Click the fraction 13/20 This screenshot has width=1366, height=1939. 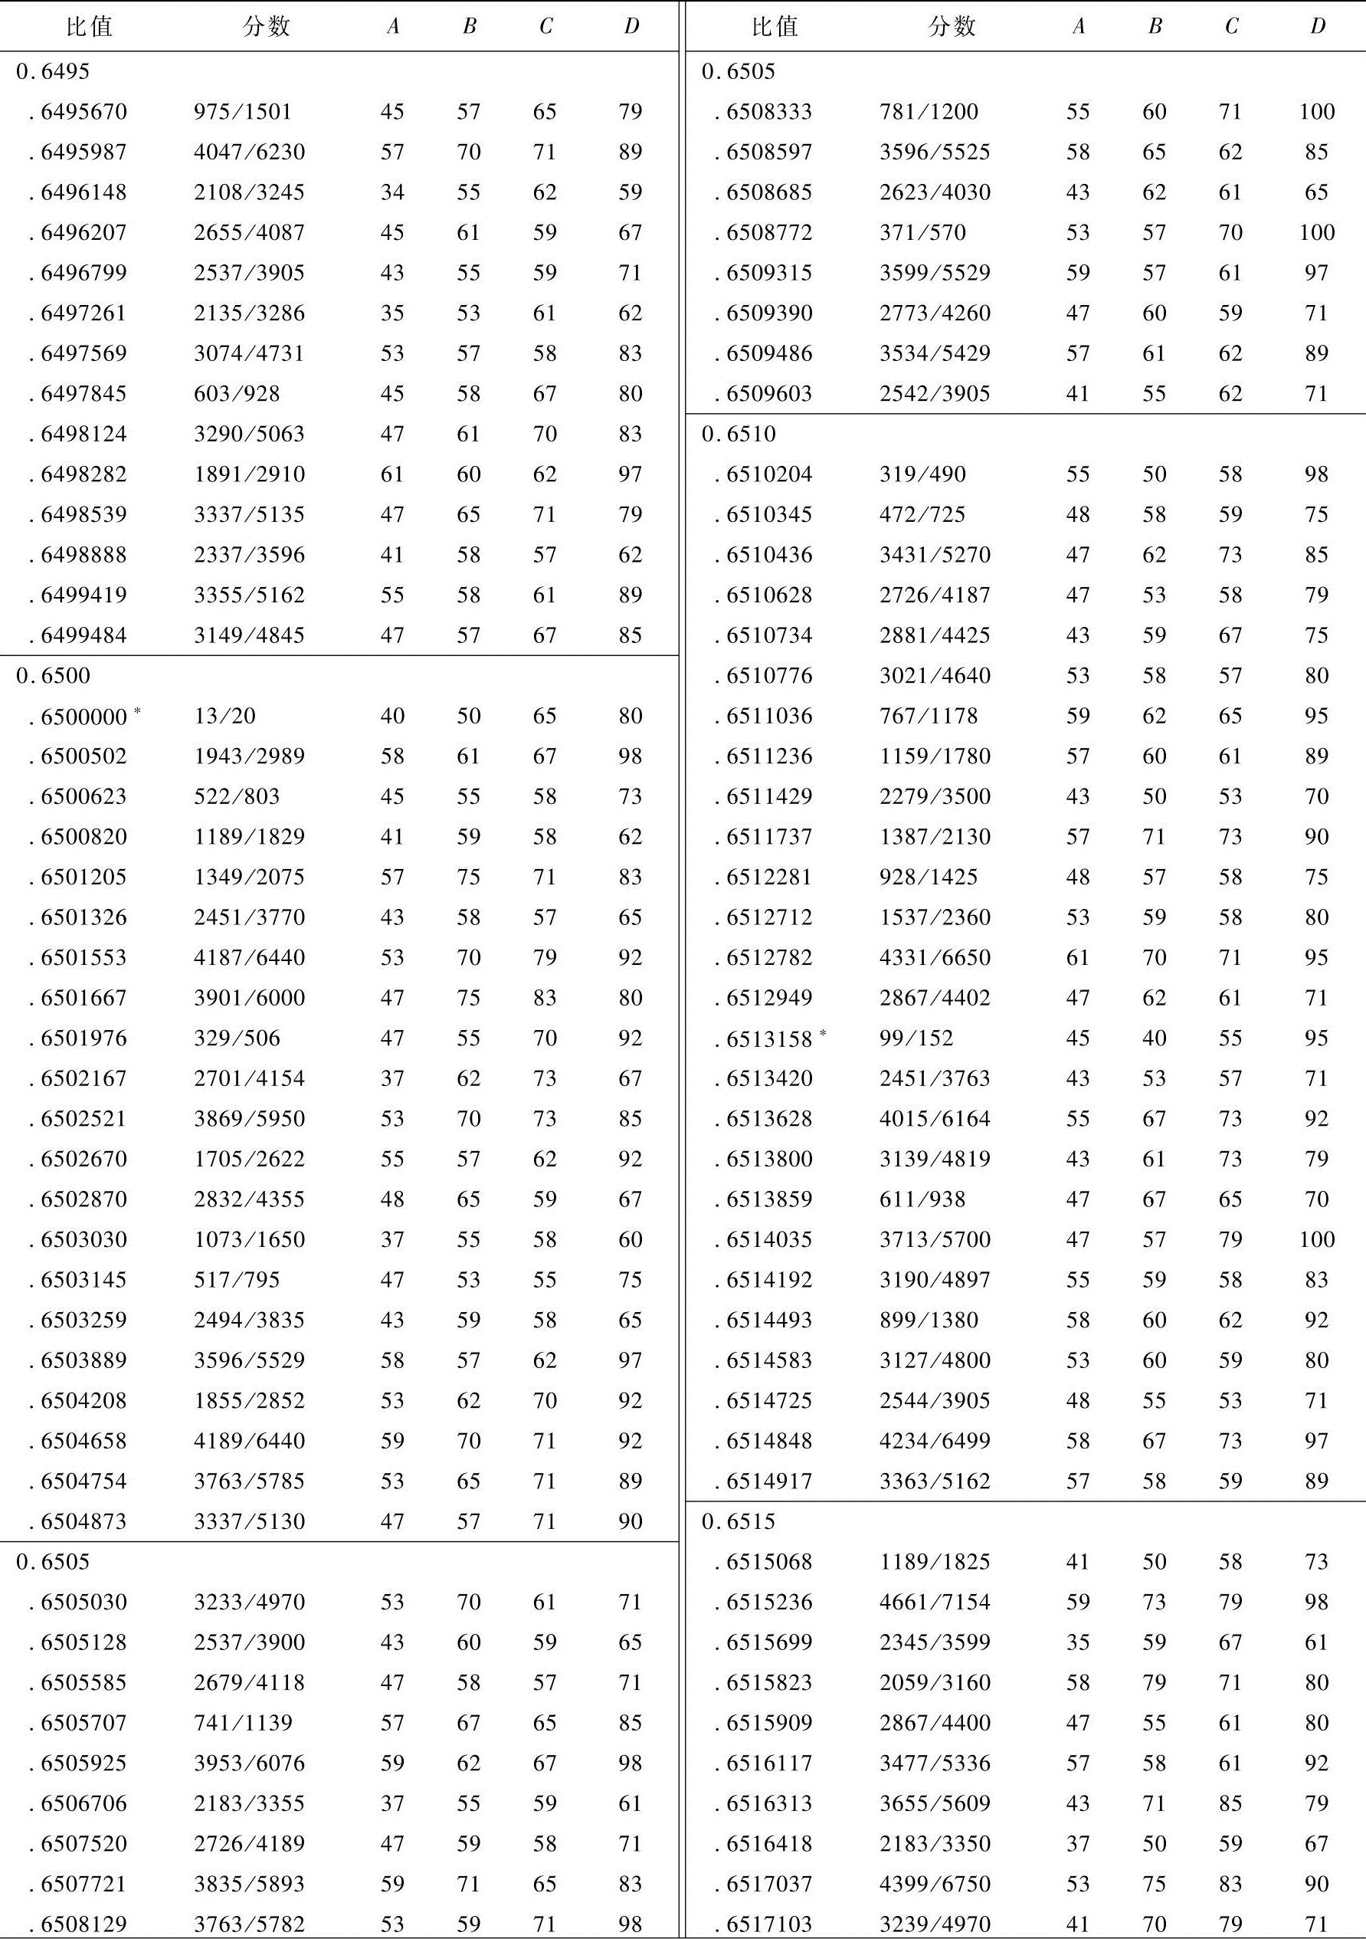[224, 715]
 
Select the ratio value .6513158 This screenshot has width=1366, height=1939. [768, 1038]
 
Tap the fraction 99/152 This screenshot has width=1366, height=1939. [916, 1038]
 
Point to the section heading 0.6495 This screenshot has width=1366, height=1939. [52, 72]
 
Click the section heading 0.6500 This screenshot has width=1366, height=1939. [52, 676]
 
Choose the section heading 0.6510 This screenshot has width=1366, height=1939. [739, 434]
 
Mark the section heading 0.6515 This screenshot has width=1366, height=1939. [739, 1521]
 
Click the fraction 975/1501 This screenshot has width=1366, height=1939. [242, 111]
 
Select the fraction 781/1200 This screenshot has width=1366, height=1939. [929, 111]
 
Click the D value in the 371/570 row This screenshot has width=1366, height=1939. [1316, 232]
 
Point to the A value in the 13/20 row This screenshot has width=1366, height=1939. [391, 715]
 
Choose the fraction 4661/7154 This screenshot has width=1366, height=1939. [935, 1602]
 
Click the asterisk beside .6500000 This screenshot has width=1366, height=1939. [137, 710]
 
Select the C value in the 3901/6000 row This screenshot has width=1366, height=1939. [545, 997]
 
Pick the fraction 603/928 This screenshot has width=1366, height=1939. [237, 393]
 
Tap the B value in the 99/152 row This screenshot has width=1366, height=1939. [1154, 1038]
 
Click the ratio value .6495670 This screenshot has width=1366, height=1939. [83, 111]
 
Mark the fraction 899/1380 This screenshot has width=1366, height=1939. [929, 1320]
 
